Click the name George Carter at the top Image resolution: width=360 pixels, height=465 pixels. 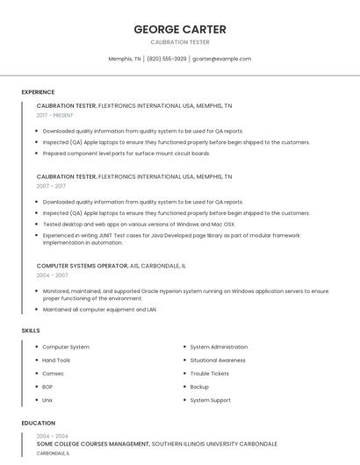pyautogui.click(x=180, y=29)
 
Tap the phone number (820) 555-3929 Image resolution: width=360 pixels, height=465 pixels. pyautogui.click(x=166, y=59)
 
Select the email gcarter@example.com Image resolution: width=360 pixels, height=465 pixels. pyautogui.click(x=221, y=59)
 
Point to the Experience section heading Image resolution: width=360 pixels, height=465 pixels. pyautogui.click(x=38, y=92)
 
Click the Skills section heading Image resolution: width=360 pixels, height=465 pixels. pyautogui.click(x=31, y=330)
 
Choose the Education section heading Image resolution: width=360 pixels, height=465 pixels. pyautogui.click(x=38, y=423)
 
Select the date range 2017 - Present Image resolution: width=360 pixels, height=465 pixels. pyautogui.click(x=55, y=115)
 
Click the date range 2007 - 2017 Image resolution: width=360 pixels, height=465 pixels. pyautogui.click(x=51, y=186)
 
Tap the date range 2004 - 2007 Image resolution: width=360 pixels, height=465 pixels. pyautogui.click(x=51, y=275)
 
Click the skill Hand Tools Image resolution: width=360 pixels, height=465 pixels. pyautogui.click(x=56, y=361)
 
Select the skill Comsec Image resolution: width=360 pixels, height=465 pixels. pyautogui.click(x=54, y=374)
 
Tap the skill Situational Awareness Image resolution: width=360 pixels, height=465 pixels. pyautogui.click(x=218, y=361)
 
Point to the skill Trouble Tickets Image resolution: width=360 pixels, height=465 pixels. pyautogui.click(x=209, y=374)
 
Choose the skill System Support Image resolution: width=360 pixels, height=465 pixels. pyautogui.click(x=210, y=400)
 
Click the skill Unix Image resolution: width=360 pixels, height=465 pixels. pyautogui.click(x=47, y=400)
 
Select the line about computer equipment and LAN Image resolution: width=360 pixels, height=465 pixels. pyautogui.click(x=99, y=310)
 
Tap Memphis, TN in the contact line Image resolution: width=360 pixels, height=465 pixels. pyautogui.click(x=125, y=59)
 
